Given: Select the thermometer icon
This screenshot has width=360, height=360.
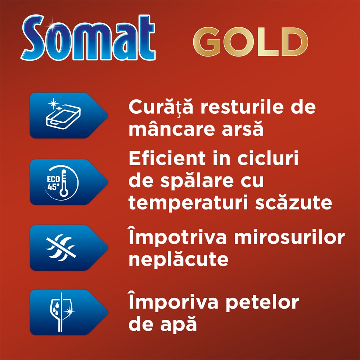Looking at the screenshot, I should pyautogui.click(x=64, y=183).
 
